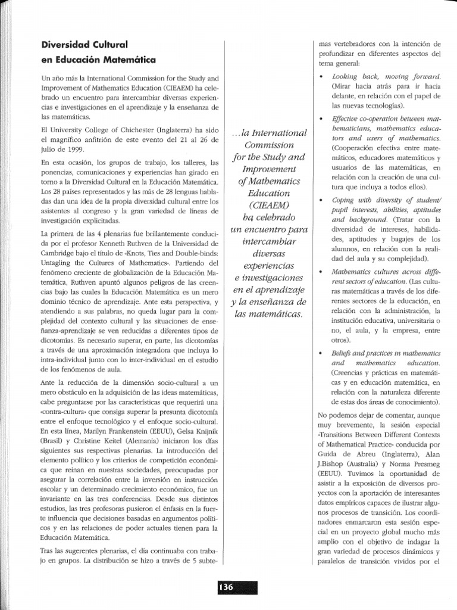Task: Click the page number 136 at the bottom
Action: coord(226,587)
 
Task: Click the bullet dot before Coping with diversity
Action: coord(322,201)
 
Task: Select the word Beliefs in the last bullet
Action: coord(345,353)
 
